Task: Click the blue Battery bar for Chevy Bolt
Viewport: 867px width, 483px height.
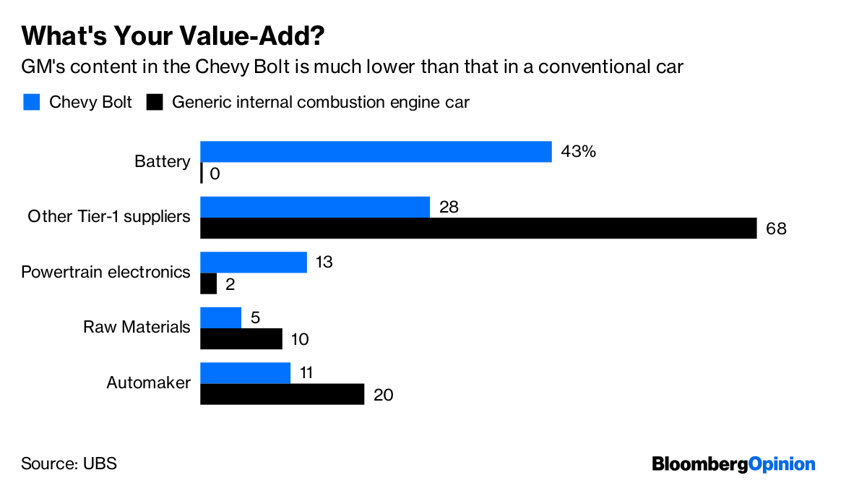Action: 376,151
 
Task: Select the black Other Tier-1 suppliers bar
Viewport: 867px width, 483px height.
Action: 478,228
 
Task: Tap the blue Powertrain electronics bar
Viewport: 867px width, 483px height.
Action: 254,262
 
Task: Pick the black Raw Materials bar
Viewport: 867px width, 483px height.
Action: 241,339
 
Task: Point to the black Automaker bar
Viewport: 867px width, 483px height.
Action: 282,395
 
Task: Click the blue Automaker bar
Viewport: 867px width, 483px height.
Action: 245,373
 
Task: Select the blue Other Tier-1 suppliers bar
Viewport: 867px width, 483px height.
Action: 315,207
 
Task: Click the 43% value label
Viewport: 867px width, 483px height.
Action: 579,152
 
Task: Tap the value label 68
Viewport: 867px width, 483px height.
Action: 776,229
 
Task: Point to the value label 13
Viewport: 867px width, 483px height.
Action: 324,262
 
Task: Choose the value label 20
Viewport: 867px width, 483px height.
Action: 383,396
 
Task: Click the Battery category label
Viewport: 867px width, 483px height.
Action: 163,161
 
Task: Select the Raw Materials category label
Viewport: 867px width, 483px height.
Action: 137,327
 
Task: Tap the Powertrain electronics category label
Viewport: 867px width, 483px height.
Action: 106,272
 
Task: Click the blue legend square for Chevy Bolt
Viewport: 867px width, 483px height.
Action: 31,102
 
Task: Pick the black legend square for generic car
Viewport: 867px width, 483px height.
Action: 154,102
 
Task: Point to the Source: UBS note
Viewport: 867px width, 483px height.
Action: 69,463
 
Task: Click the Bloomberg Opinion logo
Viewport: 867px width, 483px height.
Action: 733,464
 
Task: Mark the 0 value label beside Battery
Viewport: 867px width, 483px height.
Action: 215,174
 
